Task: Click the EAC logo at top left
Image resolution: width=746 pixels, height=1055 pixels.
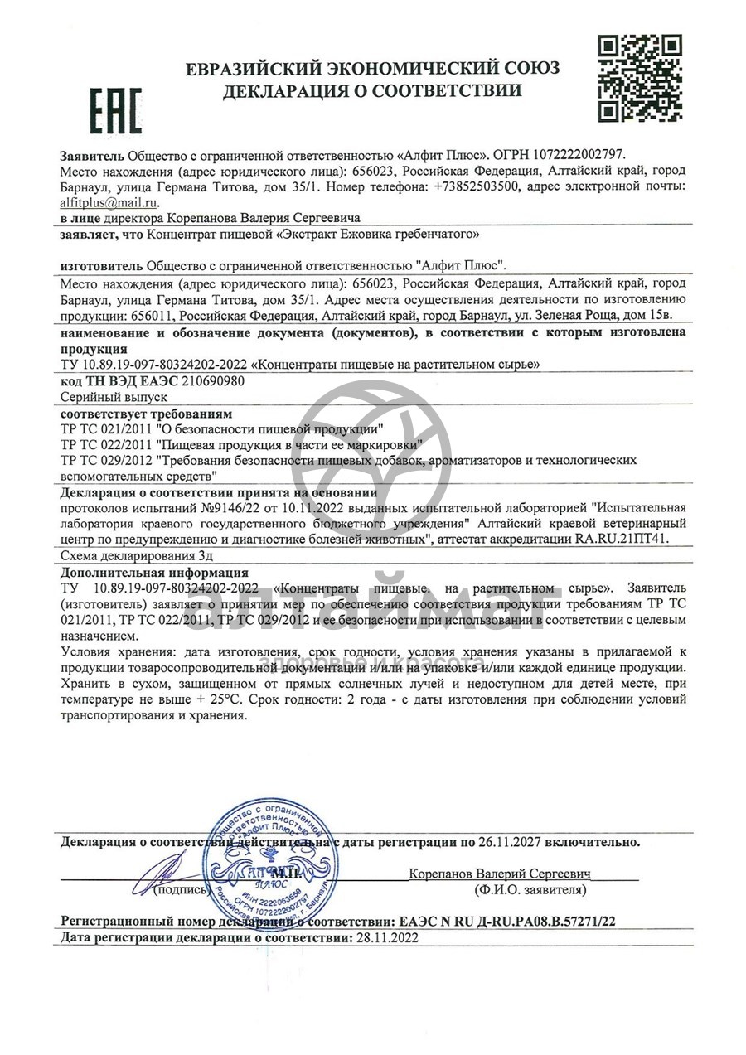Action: (x=115, y=111)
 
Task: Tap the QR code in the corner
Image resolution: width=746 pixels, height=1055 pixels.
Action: (x=640, y=79)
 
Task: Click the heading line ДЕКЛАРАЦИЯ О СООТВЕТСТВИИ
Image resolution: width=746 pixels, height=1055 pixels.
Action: (x=372, y=90)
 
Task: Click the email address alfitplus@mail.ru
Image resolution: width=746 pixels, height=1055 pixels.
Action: (x=109, y=201)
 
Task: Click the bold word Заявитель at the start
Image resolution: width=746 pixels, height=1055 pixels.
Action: (x=92, y=155)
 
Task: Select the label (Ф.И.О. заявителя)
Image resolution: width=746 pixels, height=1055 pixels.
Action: (x=530, y=890)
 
